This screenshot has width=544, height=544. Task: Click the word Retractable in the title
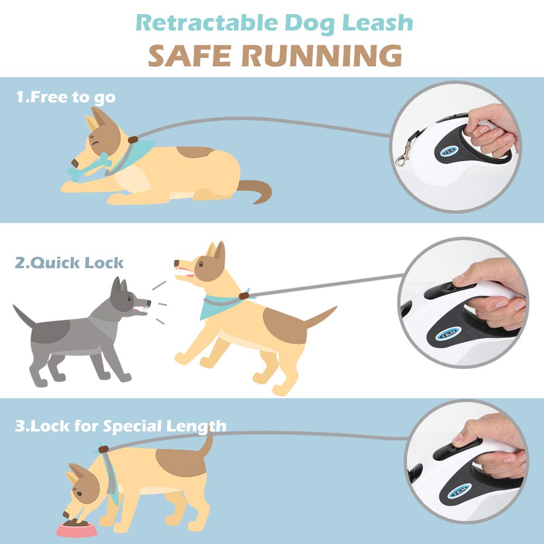[207, 23]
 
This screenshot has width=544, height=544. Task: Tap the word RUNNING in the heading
[322, 55]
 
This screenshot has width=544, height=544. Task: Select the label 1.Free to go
[66, 97]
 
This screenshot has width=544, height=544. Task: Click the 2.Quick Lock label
[69, 263]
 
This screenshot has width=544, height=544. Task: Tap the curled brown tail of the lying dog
[255, 191]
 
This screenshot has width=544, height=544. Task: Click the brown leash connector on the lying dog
[133, 140]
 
